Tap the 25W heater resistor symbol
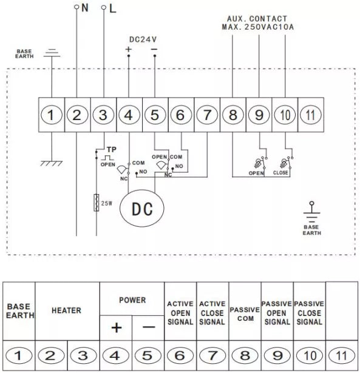(x=96, y=203)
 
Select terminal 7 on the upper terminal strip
(x=207, y=115)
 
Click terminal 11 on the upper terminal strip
(x=311, y=115)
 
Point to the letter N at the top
(x=85, y=8)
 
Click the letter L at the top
(x=112, y=9)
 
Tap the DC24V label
(x=143, y=39)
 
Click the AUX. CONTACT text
(x=257, y=19)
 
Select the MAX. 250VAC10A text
(x=258, y=27)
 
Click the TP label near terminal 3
(x=112, y=150)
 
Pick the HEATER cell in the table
(x=66, y=310)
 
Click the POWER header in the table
(x=132, y=300)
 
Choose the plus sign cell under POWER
(x=116, y=328)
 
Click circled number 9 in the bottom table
(x=277, y=356)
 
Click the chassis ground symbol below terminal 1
(x=52, y=163)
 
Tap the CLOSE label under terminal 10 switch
(x=280, y=172)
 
